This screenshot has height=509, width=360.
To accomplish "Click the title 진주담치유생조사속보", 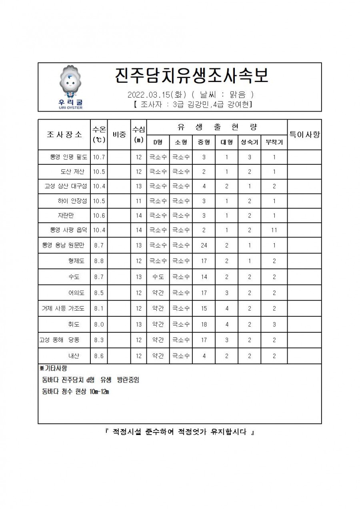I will point(190,76).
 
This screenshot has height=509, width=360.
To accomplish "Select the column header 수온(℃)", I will point(99,134).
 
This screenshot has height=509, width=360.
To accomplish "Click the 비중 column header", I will point(120,135).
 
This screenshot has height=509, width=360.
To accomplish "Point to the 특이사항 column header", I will point(304,135).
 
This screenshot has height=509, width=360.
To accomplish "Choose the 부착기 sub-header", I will point(274,142).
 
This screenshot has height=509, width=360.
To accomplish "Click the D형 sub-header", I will point(158,142).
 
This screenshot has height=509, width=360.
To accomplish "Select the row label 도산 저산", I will point(72,172).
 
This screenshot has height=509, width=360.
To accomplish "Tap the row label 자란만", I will point(65,215).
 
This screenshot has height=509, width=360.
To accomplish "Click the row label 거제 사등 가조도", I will point(63,308).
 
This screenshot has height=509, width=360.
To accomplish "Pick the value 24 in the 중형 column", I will point(204,245).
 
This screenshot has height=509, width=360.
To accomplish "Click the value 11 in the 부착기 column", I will point(274,230).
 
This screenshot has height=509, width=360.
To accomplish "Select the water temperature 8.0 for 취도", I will point(99,324).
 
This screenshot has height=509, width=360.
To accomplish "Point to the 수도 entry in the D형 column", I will point(158,277).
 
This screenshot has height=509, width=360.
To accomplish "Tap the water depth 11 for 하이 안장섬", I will point(138,201).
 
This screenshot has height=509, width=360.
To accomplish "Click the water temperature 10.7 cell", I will point(99,157).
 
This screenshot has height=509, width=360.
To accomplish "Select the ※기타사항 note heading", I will point(53,368).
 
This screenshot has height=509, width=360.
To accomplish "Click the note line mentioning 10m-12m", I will point(76,391).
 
